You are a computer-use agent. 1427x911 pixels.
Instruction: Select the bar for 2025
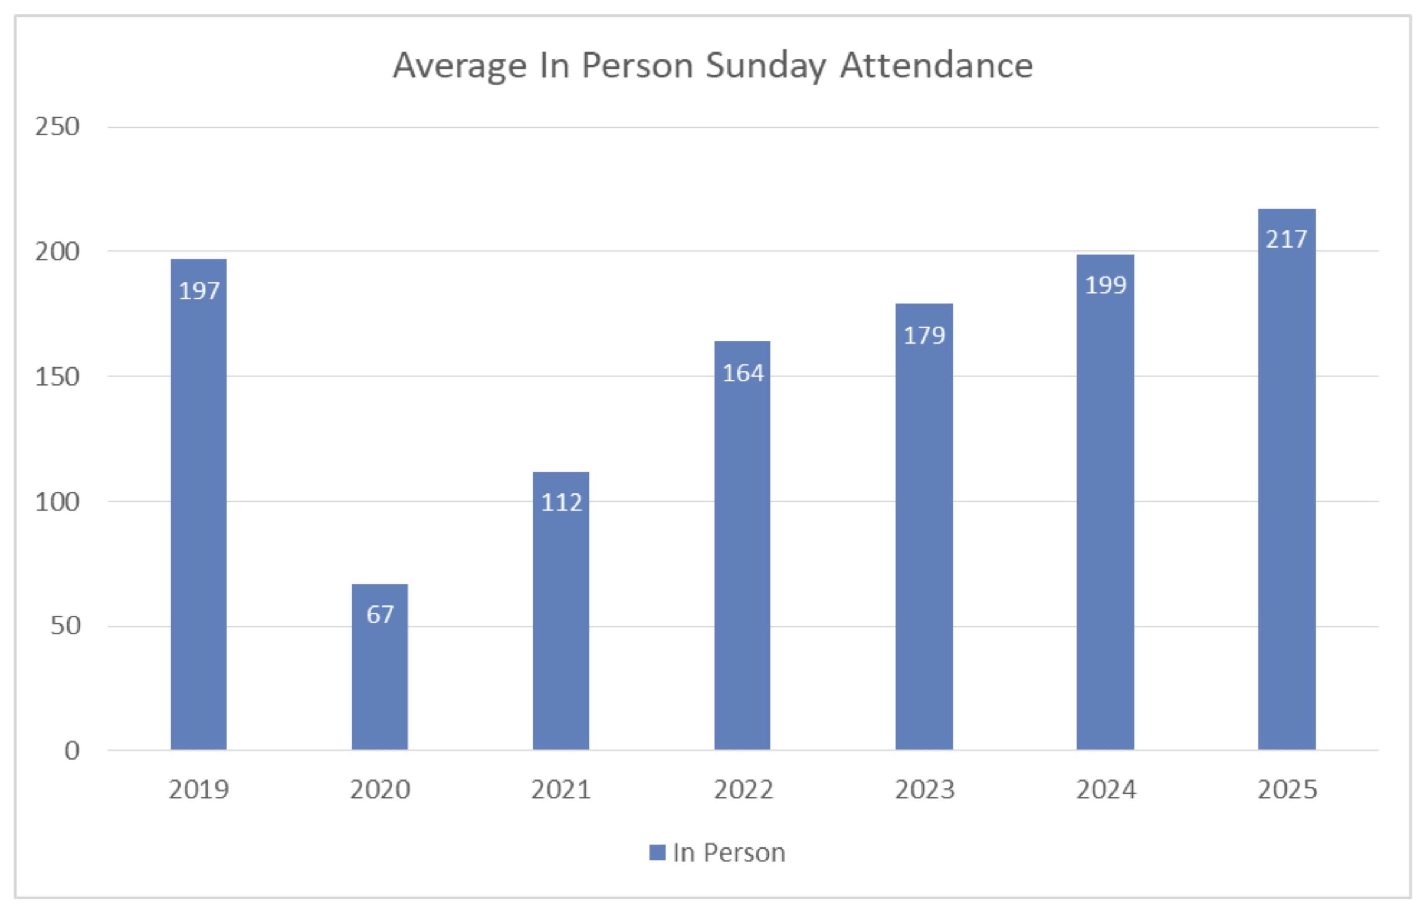1286,504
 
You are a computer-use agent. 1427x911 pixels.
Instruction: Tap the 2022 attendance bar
742,563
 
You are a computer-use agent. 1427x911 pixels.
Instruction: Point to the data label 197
199,291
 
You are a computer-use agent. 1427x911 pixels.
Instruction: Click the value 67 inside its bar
380,614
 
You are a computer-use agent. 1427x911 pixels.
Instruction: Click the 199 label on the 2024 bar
1105,285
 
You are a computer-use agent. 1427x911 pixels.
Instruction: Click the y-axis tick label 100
57,502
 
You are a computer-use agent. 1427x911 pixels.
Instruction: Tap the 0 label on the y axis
72,751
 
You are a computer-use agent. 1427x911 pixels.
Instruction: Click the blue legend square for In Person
657,852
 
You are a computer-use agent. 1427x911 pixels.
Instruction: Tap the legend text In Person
729,853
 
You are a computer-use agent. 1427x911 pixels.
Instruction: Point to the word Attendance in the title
936,65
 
